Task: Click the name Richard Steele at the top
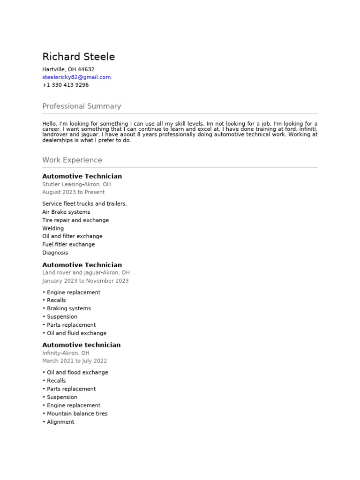pos(78,57)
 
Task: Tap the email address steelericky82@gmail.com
pos(76,77)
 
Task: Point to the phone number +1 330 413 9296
pos(65,85)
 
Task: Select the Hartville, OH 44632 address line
pos(68,69)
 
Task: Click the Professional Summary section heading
pos(82,106)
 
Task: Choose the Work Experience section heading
pos(72,160)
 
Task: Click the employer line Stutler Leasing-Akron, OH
pos(76,184)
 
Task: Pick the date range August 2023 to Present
pos(73,192)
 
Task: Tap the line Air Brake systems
pos(66,212)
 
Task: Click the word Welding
pos(53,228)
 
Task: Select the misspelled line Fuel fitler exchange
pos(68,244)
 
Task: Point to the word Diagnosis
pos(55,253)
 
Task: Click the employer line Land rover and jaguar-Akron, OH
pos(86,272)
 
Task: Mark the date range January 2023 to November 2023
pos(85,281)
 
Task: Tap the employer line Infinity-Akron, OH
pos(66,353)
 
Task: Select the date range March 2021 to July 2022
pos(75,361)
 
